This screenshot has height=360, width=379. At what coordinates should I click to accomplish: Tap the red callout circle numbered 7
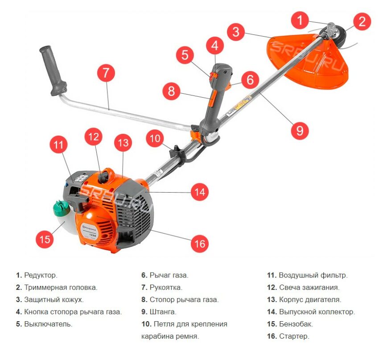105,73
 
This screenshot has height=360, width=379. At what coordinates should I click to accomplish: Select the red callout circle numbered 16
199,244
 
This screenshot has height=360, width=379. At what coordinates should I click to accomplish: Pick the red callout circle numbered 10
155,138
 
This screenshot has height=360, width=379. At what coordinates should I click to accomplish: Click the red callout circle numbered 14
199,192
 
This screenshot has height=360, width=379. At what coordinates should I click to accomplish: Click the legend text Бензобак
296,324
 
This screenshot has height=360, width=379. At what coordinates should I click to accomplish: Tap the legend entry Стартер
294,336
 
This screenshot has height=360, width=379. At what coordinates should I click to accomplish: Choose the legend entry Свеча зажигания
309,288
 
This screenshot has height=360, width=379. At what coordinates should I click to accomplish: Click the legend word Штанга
163,312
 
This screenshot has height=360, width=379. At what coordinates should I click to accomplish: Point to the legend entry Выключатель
48,324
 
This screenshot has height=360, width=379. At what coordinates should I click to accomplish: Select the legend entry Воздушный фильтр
313,275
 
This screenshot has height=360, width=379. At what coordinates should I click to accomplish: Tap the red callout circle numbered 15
45,239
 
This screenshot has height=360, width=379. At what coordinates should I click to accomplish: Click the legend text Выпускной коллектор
317,312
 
